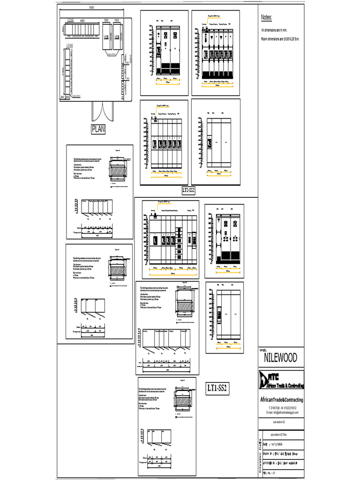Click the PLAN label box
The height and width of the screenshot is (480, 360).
98,129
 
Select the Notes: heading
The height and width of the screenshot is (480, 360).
266,17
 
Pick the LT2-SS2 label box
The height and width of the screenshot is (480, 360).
188,190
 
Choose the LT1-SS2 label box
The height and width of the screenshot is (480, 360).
217,388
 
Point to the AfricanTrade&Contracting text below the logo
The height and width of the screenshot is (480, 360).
282,400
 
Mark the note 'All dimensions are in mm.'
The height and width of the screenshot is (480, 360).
274,30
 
